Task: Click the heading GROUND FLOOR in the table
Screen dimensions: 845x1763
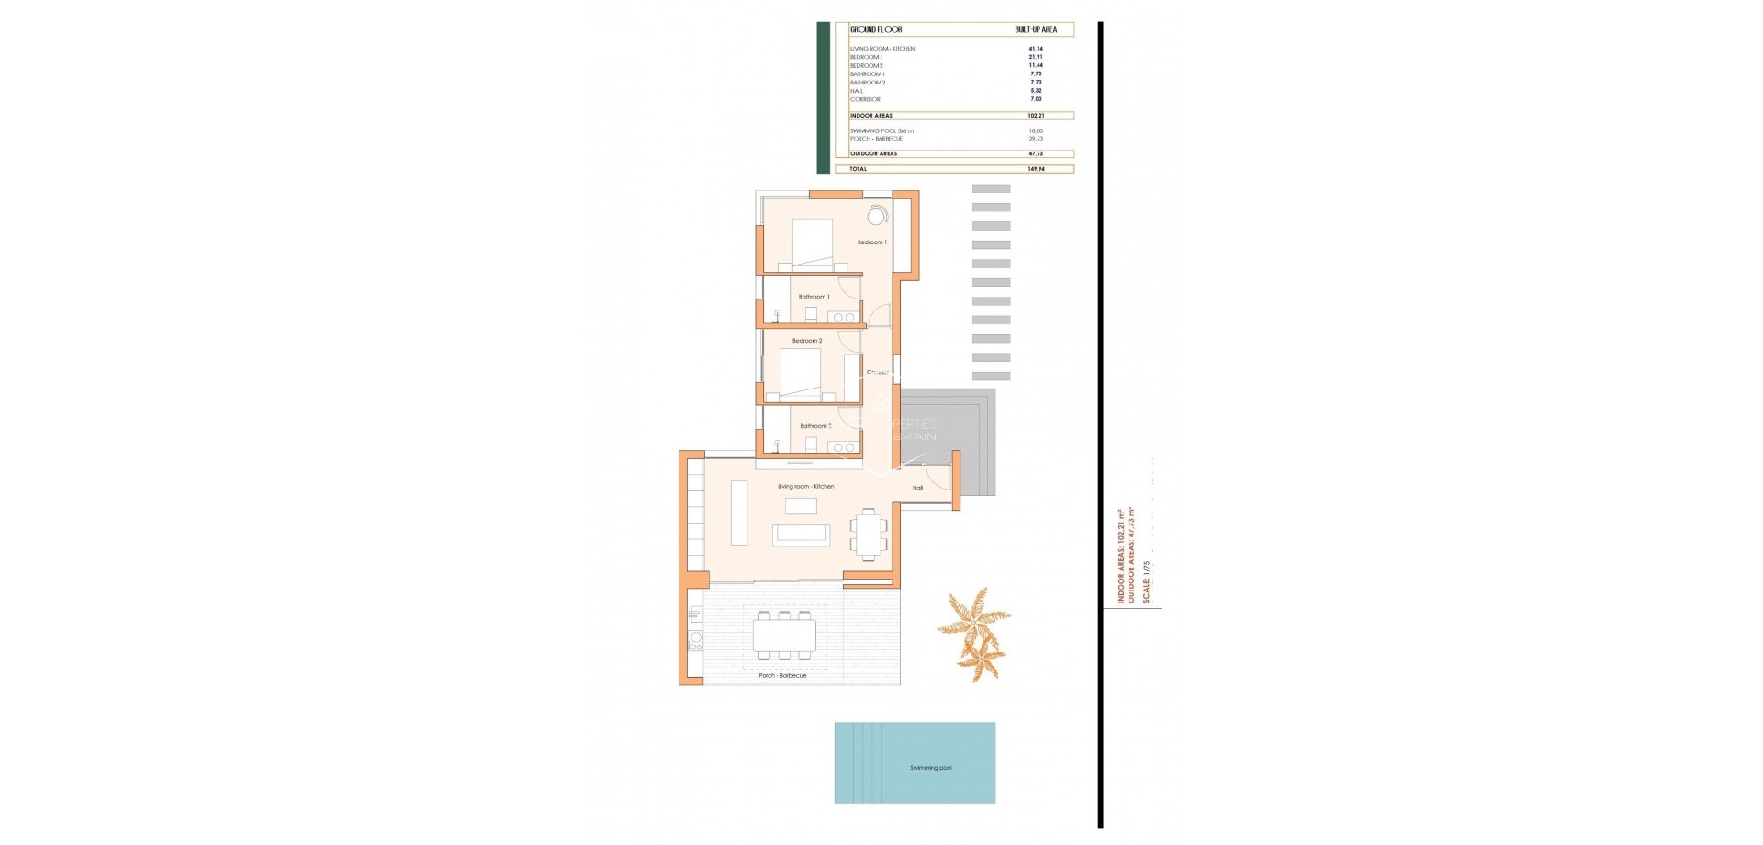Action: coord(876,29)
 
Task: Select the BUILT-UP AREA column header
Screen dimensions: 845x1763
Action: coord(1036,29)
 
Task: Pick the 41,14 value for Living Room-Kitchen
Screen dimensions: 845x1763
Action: coord(1036,49)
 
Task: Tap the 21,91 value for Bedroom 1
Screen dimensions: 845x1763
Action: coord(1036,57)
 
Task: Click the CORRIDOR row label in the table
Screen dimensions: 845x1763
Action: coord(865,99)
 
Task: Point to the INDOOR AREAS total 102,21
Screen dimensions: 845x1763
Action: coord(1036,116)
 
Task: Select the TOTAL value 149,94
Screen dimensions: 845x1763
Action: coord(1036,169)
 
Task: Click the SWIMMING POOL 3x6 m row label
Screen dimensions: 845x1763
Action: coord(881,130)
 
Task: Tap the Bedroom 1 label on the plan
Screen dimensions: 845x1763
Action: coord(871,242)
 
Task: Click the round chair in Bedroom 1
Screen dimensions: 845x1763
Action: coord(877,216)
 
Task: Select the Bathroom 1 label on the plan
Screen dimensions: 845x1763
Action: coord(814,297)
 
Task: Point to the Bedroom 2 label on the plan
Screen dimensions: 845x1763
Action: coord(807,341)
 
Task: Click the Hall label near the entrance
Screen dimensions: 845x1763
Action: coord(917,488)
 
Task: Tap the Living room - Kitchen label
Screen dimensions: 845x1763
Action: coord(805,486)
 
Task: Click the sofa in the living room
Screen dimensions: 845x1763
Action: coord(801,535)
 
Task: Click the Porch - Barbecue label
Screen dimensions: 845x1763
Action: coord(782,675)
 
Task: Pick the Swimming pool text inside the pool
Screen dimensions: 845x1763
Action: coord(930,768)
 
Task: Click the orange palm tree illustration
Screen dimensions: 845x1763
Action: coord(975,634)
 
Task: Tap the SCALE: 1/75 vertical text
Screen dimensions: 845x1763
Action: coord(1146,580)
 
